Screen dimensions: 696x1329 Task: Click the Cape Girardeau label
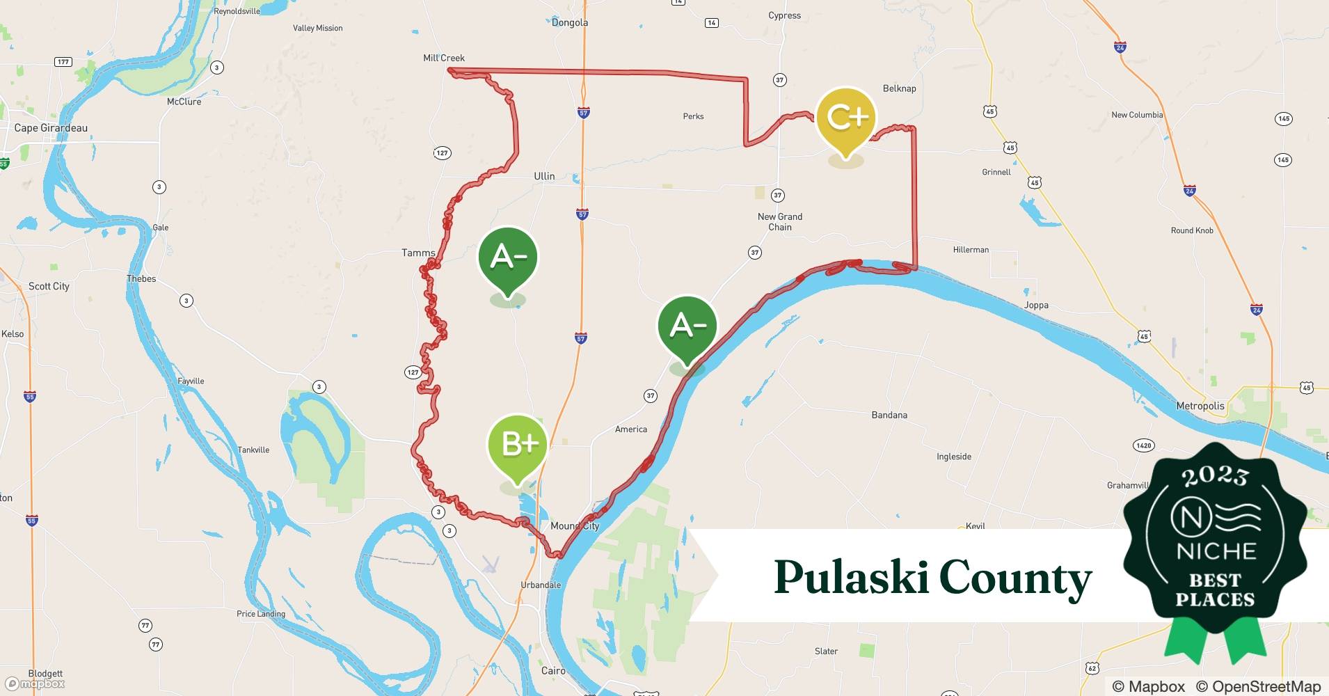point(51,128)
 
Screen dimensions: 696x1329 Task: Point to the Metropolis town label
point(1200,406)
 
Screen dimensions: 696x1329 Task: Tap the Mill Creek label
point(444,58)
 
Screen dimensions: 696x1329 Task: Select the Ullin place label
point(544,176)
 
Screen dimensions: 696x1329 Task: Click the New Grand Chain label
point(780,222)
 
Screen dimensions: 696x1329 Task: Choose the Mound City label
point(575,526)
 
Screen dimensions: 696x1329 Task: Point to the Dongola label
point(570,22)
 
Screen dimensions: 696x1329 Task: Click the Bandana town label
point(889,415)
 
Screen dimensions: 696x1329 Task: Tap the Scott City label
point(49,286)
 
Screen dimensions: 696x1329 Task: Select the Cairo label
point(553,671)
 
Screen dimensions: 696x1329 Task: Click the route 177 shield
point(63,62)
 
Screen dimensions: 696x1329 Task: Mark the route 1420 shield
point(1143,445)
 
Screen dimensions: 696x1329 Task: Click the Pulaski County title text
point(932,578)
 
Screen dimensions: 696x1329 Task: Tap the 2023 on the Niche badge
point(1215,475)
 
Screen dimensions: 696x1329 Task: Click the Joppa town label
point(1036,305)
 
